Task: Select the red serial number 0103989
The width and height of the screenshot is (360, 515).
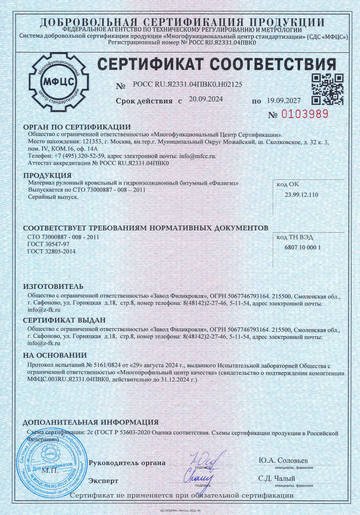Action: (305, 115)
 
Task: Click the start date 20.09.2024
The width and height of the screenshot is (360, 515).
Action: (206, 100)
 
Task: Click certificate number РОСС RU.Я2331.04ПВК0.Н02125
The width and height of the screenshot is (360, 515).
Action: (188, 85)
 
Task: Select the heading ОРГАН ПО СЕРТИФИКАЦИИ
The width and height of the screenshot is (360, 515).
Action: (76, 127)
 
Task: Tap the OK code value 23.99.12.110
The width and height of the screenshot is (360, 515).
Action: (301, 195)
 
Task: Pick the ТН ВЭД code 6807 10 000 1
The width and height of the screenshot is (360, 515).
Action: (303, 247)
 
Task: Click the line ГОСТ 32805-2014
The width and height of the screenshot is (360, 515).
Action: (52, 252)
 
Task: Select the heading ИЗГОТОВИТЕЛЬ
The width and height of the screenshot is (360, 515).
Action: (53, 287)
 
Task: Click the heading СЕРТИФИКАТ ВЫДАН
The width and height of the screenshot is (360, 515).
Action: (65, 320)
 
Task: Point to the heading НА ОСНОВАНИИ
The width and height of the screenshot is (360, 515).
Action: (55, 355)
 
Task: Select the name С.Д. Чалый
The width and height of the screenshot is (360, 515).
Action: (276, 478)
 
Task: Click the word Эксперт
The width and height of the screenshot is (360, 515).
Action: (103, 481)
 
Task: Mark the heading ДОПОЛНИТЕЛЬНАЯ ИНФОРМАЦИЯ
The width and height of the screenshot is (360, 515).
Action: (91, 422)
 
